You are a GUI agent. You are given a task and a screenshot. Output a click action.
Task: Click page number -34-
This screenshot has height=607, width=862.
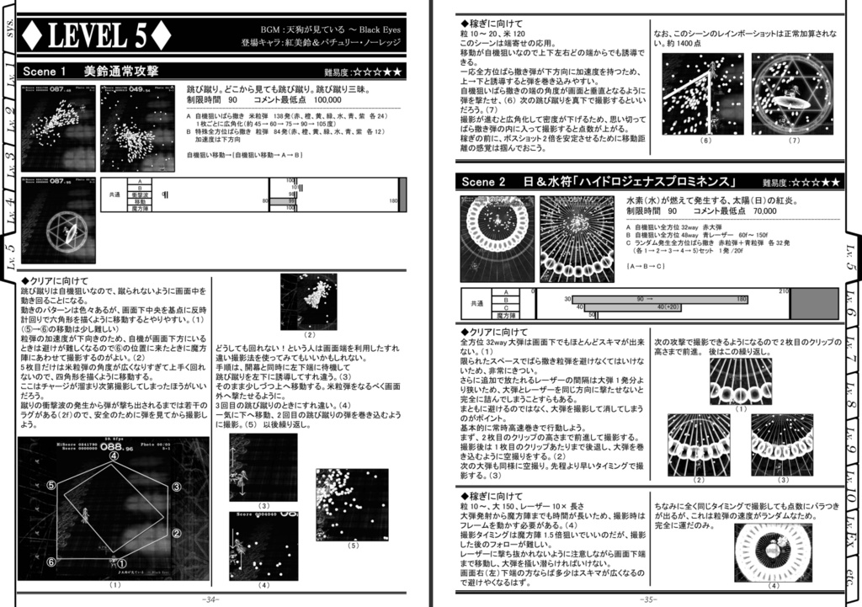pyautogui.click(x=210, y=599)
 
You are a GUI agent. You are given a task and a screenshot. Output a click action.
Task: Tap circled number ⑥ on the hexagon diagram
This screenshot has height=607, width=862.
pyautogui.click(x=51, y=562)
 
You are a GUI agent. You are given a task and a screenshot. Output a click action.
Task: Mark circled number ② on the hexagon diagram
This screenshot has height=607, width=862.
pyautogui.click(x=177, y=533)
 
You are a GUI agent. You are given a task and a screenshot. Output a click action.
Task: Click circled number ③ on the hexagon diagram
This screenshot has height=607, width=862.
pyautogui.click(x=176, y=487)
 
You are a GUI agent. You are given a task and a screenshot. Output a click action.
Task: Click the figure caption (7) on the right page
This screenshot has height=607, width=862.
pyautogui.click(x=794, y=141)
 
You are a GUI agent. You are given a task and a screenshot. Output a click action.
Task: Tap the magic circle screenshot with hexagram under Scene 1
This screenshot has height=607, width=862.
pyautogui.click(x=58, y=221)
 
